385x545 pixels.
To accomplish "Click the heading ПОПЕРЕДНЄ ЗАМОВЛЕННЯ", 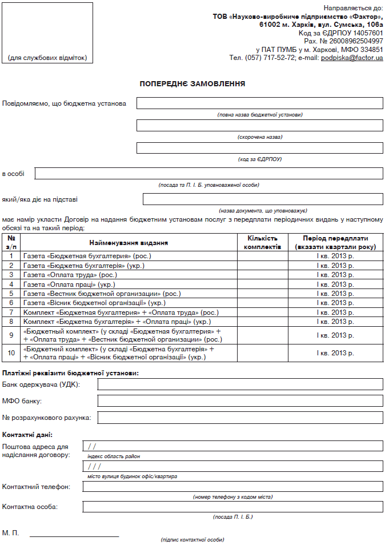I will [192, 84].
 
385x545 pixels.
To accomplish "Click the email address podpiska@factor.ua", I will [352, 58].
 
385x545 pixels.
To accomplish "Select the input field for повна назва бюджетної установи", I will [260, 103].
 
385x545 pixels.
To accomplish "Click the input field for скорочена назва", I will [260, 125].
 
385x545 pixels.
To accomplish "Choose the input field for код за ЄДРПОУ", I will [260, 147].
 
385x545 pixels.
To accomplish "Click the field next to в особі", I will [208, 173].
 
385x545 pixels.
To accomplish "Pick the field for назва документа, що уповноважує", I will [263, 199].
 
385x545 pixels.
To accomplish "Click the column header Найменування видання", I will [129, 242].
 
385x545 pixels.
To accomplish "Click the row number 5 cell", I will [11, 294].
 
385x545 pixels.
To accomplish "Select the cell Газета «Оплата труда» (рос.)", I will [129, 275].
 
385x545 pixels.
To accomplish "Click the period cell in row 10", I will [335, 353].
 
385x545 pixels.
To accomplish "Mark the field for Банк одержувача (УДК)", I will [240, 384].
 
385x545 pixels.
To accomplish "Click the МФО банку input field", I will [240, 400].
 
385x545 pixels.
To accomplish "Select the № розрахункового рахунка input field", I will [240, 418].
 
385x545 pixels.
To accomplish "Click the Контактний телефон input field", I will [232, 486].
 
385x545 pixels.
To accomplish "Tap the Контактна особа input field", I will [232, 507].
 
